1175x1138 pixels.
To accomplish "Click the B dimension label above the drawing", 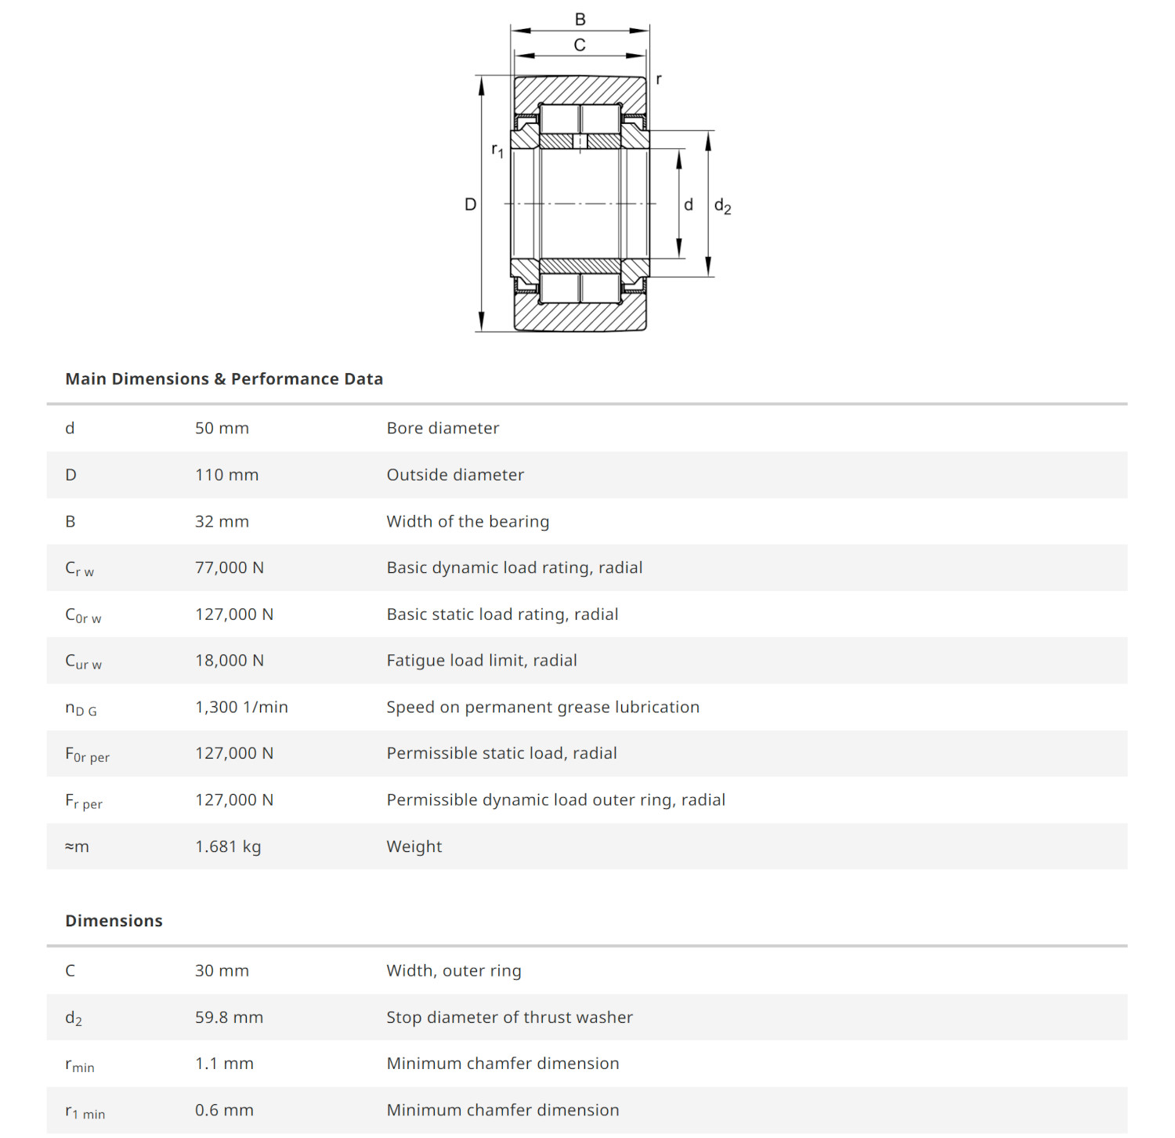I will click(x=580, y=20).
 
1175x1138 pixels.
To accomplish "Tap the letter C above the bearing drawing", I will click(x=580, y=45).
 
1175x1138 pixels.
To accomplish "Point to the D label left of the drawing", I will click(x=470, y=205).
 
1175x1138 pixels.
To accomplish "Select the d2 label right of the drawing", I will click(x=722, y=207).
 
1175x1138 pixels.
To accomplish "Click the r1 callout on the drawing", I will click(x=497, y=150).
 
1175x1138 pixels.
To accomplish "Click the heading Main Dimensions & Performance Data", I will click(x=224, y=379).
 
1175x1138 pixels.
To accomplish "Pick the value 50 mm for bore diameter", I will click(x=222, y=429).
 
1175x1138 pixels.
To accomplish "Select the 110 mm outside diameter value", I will click(x=226, y=475).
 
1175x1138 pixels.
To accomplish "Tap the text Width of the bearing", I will click(x=468, y=522).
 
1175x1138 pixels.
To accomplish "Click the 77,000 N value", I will click(x=229, y=568).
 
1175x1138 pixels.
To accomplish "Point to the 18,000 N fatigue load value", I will click(x=229, y=661).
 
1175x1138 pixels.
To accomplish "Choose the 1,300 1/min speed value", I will click(x=241, y=708).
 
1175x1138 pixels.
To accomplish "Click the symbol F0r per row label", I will click(x=87, y=755).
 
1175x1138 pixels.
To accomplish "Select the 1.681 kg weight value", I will click(x=228, y=847).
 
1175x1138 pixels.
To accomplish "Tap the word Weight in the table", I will click(x=414, y=847).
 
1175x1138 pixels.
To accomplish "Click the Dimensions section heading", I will click(x=114, y=921).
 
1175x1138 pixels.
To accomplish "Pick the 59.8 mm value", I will click(x=229, y=1018).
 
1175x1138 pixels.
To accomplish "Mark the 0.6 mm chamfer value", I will click(x=224, y=1111).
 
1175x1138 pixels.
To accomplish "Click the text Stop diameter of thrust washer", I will click(x=509, y=1018).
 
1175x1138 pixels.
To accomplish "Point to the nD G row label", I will click(x=81, y=709).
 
